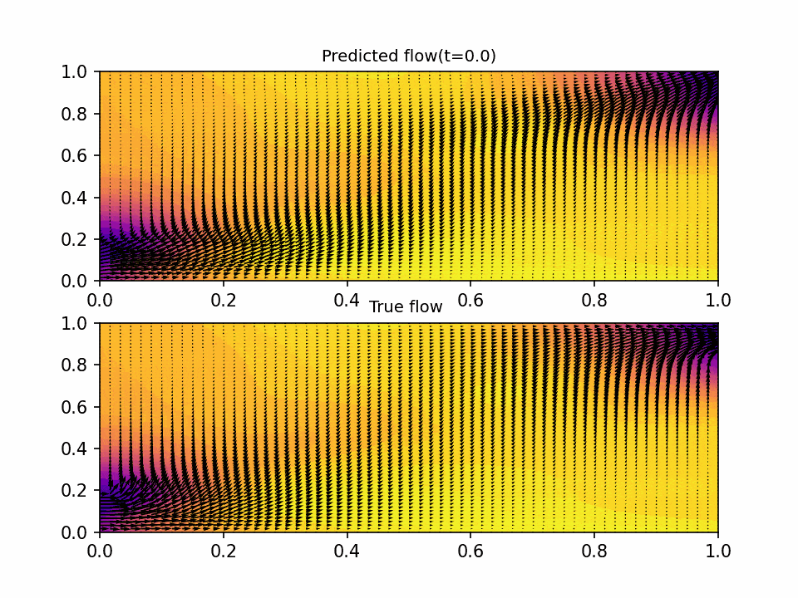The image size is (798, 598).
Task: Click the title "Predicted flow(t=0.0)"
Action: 408,56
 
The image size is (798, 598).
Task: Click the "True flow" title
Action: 406,307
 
